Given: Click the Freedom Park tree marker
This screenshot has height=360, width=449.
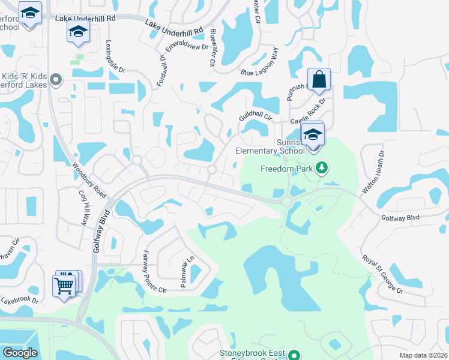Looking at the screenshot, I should click(x=322, y=167).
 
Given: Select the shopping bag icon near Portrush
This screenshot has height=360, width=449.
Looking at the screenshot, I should click(x=319, y=79).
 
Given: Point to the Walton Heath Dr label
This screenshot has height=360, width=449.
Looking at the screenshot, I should click(x=372, y=173).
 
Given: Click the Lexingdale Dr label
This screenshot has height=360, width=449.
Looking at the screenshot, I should click(x=115, y=57).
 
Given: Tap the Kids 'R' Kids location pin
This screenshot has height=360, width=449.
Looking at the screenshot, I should click(x=56, y=79).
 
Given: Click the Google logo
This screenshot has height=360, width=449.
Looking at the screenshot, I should click(x=20, y=353).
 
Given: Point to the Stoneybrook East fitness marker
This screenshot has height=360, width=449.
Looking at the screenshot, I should click(x=294, y=355).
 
